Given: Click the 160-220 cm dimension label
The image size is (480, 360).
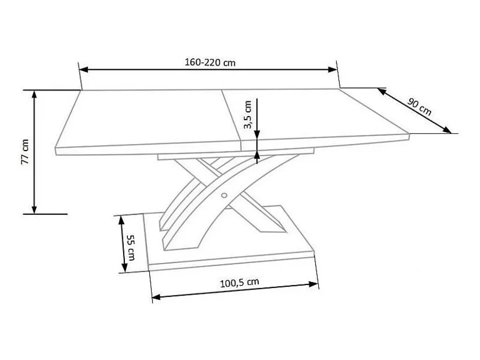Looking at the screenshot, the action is click(x=210, y=63).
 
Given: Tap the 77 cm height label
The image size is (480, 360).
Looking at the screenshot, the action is click(x=25, y=152).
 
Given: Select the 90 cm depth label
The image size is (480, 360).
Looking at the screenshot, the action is click(x=420, y=107).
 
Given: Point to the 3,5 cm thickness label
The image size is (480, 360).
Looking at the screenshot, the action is click(x=248, y=115).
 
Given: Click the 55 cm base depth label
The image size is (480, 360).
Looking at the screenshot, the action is click(x=131, y=248).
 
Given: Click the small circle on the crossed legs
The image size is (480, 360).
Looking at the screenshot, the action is click(x=224, y=195).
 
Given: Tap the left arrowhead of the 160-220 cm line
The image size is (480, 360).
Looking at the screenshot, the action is click(x=84, y=70).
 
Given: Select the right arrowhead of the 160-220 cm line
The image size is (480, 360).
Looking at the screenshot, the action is click(x=332, y=70).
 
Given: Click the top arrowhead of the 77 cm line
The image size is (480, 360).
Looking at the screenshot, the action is click(x=34, y=95).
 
